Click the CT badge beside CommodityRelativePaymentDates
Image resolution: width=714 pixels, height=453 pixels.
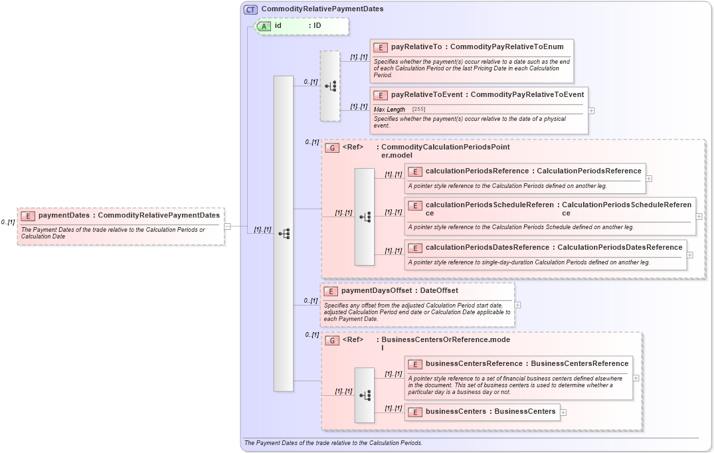pos(251,9)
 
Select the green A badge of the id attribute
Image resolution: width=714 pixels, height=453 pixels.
pos(264,26)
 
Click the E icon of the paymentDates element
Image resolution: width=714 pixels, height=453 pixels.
pos(28,215)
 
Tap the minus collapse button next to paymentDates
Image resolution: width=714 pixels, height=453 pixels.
pos(227,226)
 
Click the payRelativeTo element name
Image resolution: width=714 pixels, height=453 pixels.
pos(416,47)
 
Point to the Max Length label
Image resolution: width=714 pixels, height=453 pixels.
pos(389,110)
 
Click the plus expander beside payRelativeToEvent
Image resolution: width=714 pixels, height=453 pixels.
pos(591,110)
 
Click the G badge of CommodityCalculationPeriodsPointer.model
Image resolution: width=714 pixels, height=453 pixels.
pos(333,147)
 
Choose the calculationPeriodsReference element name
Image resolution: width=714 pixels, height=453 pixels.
pos(476,171)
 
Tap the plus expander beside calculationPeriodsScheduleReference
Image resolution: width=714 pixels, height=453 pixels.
pos(699,216)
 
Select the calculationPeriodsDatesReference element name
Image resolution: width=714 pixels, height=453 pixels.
pos(487,248)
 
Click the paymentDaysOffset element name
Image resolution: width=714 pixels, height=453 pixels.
pos(376,291)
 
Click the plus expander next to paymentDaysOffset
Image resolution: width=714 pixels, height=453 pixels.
pos(517,305)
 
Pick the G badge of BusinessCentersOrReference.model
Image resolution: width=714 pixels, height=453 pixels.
pos(333,340)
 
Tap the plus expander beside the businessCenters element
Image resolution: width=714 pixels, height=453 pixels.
pos(563,412)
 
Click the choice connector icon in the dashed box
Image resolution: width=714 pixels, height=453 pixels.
pos(330,86)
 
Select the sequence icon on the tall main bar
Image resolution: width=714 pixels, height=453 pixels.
pos(284,234)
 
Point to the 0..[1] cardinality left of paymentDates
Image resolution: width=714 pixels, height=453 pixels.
pos(8,223)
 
